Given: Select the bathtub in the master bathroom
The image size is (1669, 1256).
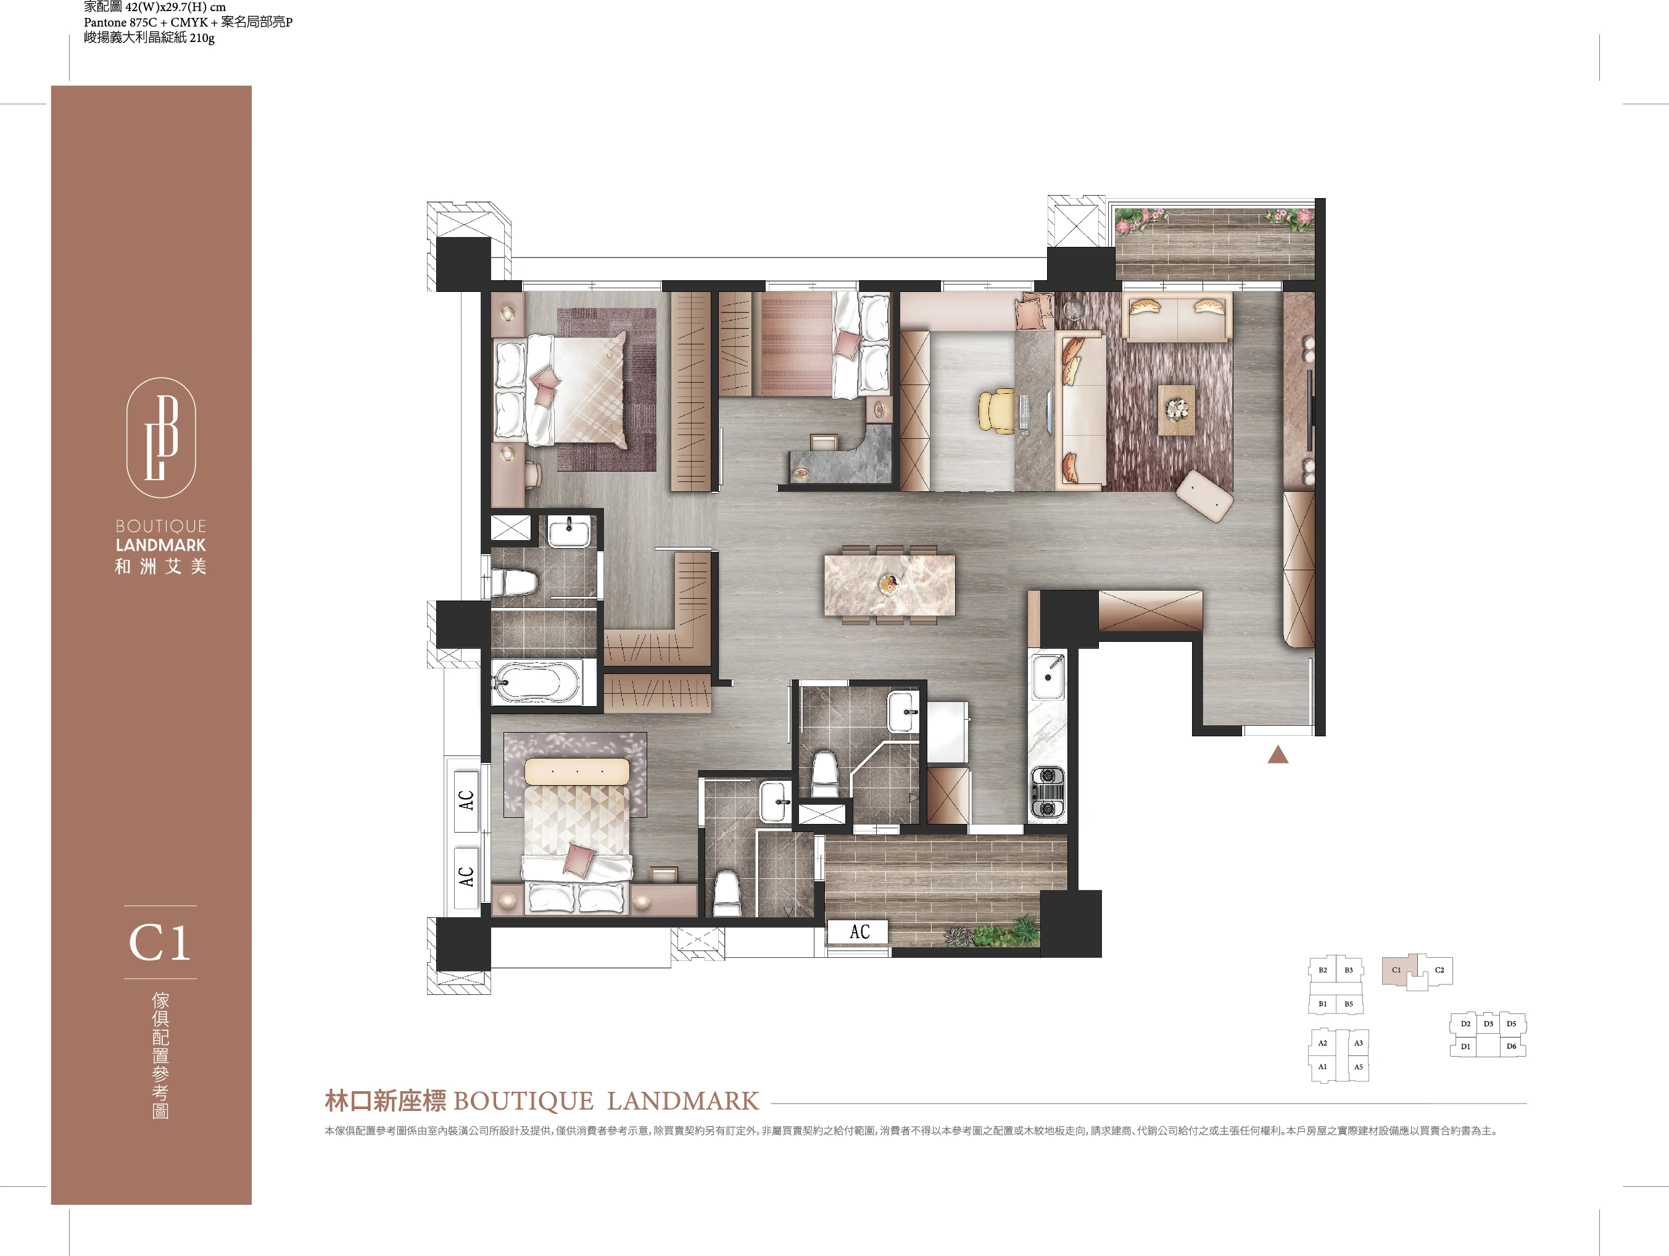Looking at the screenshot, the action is [536, 683].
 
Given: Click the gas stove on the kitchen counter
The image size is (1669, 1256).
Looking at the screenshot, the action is [1047, 792].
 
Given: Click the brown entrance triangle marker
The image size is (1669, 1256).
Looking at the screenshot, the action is [1277, 754].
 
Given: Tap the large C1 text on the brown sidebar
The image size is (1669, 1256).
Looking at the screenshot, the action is [160, 942].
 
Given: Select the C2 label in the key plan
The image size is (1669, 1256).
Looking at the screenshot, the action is [1439, 970].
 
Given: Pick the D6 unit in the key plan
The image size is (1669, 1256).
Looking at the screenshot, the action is [1511, 1046].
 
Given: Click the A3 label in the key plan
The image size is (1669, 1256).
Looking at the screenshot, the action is [1358, 1043].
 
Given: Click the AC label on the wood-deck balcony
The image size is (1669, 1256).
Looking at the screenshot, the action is [859, 932].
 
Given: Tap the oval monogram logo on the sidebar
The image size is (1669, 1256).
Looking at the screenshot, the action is [160, 438].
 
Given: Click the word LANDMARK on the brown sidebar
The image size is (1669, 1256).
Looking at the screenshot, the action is [160, 545].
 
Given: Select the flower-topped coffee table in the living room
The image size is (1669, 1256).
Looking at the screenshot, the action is [1176, 410].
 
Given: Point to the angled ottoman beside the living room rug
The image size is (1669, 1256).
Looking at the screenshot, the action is [1205, 495].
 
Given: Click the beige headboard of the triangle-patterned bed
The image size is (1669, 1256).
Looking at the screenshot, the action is [577, 771].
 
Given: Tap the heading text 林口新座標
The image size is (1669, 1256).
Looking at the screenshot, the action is [385, 1100].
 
